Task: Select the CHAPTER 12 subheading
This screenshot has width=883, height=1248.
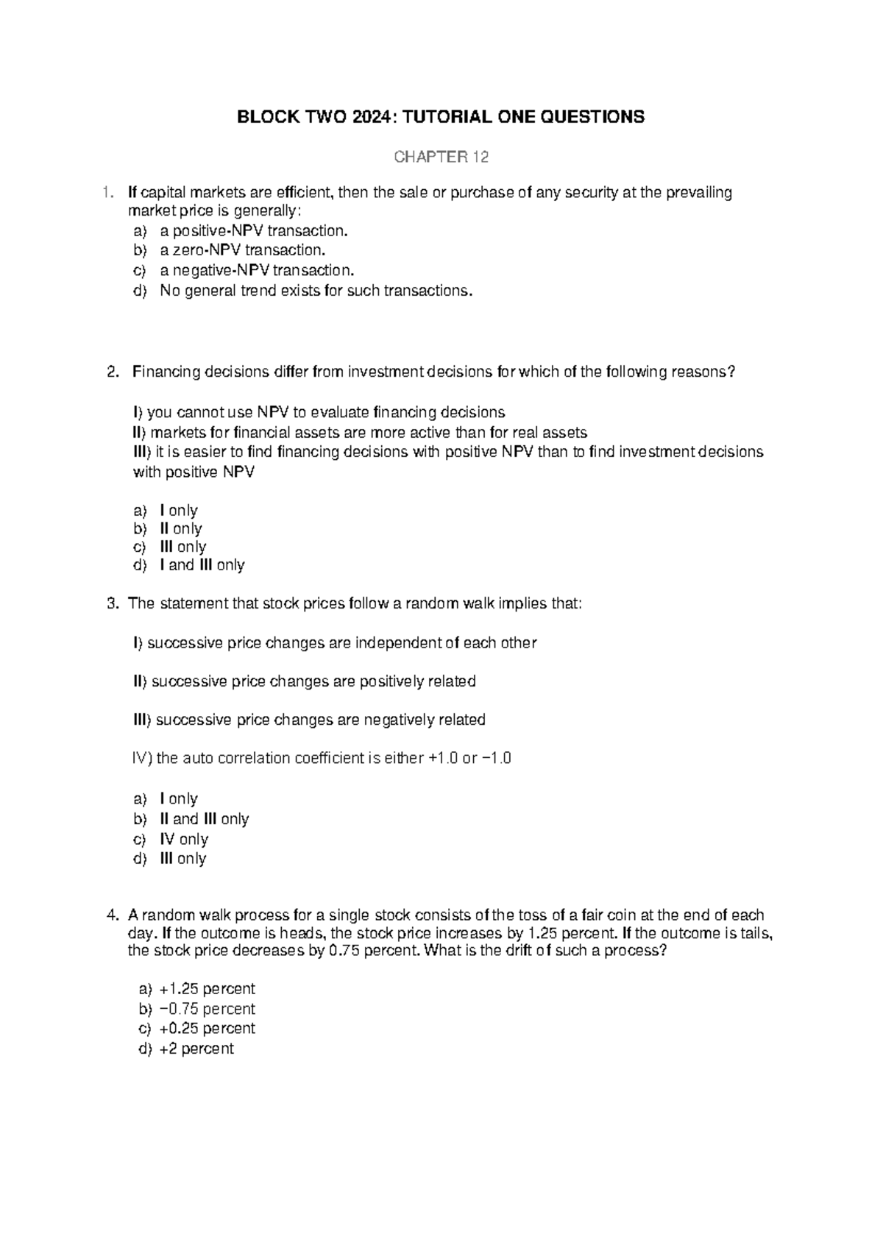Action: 441,157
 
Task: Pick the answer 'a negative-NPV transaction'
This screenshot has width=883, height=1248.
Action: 257,270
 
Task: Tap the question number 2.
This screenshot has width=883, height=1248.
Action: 112,372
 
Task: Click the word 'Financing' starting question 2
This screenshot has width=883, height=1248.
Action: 163,372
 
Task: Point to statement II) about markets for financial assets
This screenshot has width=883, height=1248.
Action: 360,432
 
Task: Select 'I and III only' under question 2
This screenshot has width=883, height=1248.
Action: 202,565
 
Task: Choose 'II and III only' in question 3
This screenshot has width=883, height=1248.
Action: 204,819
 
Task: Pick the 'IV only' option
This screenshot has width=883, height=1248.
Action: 184,839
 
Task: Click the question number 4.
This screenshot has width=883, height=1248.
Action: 112,915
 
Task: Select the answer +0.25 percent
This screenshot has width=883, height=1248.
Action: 207,1028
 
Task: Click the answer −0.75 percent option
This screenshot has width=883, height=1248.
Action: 207,1009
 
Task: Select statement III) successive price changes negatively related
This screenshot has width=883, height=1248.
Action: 309,720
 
